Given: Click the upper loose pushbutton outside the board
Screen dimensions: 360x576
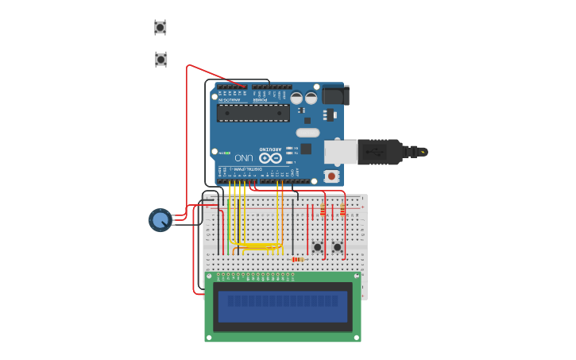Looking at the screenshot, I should click(x=160, y=28).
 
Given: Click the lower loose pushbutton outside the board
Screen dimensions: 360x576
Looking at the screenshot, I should click(x=161, y=60).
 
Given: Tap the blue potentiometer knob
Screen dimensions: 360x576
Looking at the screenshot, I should click(x=160, y=220).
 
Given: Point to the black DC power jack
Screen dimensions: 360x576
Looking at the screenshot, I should click(x=334, y=95).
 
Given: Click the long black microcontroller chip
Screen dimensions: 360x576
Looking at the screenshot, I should click(x=253, y=113).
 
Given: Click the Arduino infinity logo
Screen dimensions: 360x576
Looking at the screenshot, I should click(x=270, y=158).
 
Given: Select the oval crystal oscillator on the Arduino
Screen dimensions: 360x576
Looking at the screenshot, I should click(x=307, y=133).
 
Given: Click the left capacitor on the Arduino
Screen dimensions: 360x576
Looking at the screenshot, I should click(x=296, y=98).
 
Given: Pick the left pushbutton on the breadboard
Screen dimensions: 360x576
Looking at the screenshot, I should click(x=318, y=247).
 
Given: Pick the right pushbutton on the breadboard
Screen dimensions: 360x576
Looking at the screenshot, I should click(x=338, y=247).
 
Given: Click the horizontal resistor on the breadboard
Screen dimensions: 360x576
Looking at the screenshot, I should click(x=298, y=259).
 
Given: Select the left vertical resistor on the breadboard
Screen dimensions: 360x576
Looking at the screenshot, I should click(x=323, y=210).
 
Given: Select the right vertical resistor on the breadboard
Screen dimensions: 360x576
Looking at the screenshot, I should click(x=342, y=210).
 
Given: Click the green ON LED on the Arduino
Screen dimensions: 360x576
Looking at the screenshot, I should click(x=227, y=153).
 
